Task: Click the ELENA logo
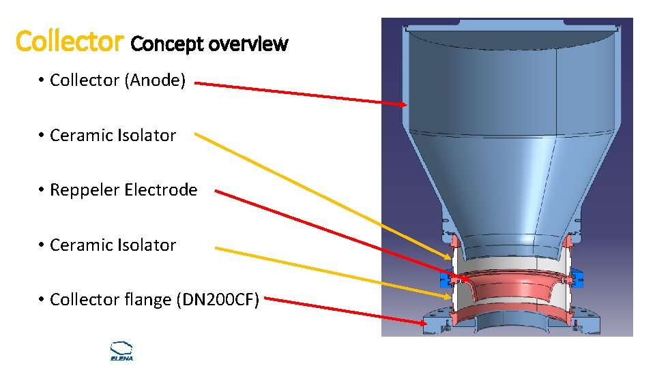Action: click(121, 350)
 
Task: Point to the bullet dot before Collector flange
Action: click(42, 300)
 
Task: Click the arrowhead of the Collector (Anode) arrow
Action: click(403, 104)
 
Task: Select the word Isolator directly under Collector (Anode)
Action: click(146, 136)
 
